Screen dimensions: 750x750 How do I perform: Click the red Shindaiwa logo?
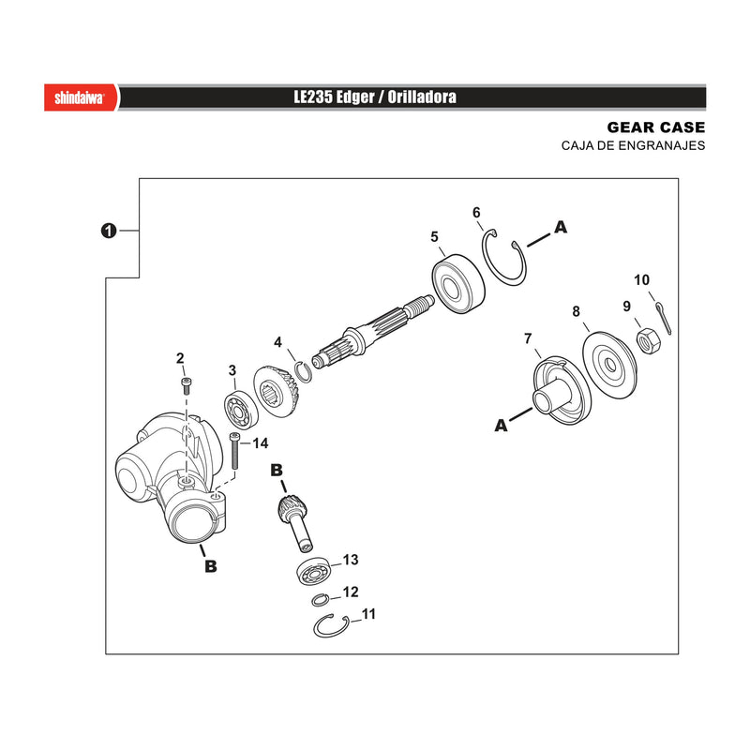click(x=81, y=97)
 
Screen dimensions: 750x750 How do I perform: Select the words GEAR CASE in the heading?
click(x=655, y=127)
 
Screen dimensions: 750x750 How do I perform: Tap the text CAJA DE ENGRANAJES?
click(x=633, y=145)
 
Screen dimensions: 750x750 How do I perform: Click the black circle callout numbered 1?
click(x=109, y=231)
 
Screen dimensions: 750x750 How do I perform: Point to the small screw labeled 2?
click(x=186, y=385)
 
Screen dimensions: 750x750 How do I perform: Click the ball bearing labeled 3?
click(x=241, y=410)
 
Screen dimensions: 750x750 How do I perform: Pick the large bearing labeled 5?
click(x=457, y=284)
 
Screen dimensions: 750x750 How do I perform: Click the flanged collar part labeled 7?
click(x=562, y=390)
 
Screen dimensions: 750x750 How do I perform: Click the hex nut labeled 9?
click(x=649, y=341)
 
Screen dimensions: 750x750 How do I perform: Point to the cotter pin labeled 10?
click(x=664, y=318)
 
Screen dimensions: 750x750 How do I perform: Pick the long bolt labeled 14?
click(x=234, y=451)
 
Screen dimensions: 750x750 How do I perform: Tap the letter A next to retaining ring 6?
click(x=561, y=227)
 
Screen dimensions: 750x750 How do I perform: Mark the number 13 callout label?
click(x=350, y=560)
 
